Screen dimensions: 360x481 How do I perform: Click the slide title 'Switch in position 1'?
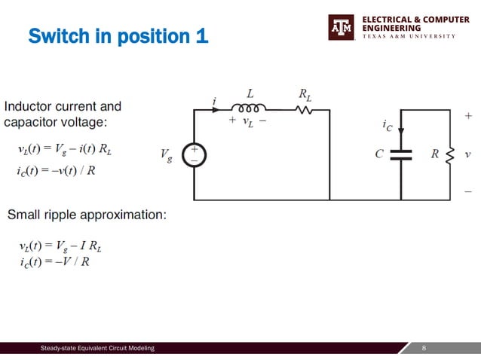click(118, 36)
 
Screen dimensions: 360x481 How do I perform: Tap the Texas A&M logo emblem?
click(341, 27)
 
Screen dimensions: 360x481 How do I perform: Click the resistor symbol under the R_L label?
click(304, 109)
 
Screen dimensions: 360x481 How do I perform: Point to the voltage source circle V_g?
click(195, 154)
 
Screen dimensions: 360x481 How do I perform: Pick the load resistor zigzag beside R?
click(450, 154)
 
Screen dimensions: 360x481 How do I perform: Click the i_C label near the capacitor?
click(388, 127)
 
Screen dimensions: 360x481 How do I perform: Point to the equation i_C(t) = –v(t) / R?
click(56, 170)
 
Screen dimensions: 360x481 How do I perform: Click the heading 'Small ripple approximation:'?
click(87, 215)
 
